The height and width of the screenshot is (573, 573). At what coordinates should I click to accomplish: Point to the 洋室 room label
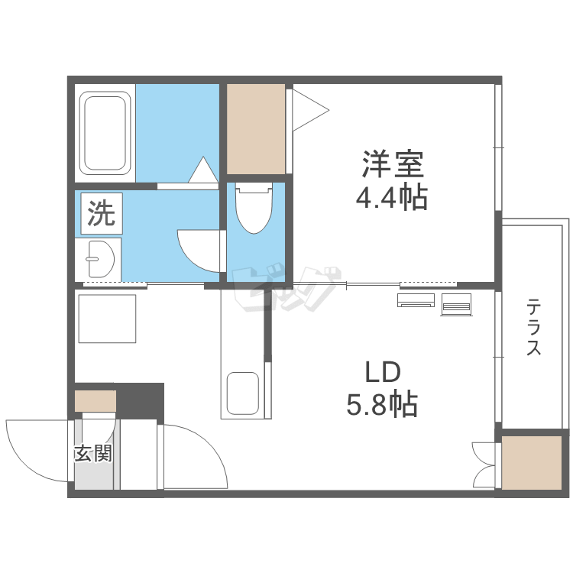coord(392,165)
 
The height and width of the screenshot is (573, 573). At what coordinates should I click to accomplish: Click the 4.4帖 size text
coord(391,199)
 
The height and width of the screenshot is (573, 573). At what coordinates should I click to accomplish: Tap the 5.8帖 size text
coord(381,403)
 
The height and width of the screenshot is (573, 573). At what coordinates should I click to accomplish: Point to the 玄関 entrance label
coord(93,453)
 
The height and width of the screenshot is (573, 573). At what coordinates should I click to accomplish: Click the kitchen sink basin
coord(244,393)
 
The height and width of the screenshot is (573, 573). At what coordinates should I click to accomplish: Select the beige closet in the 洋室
coord(256,128)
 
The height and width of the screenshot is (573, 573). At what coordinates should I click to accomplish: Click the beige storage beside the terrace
coord(533,463)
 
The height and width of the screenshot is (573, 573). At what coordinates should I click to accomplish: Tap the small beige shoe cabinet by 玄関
coord(95,400)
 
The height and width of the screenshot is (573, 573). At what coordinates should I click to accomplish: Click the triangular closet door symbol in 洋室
coord(309,112)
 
